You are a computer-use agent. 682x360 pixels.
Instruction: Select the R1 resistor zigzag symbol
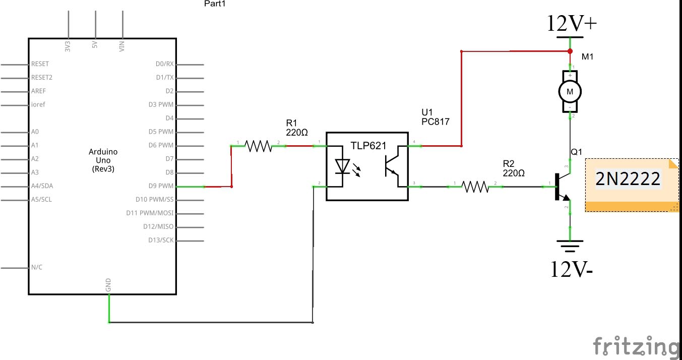coord(258,146)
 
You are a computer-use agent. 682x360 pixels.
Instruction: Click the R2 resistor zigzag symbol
coord(475,187)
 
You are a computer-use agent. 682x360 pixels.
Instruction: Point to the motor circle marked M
coord(570,91)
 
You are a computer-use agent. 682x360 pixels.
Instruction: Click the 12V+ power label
coord(572,24)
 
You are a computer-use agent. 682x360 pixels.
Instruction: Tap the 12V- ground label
coord(571,270)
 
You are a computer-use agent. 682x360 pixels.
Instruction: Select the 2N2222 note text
coord(628,179)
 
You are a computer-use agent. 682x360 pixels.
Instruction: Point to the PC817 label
coord(435,122)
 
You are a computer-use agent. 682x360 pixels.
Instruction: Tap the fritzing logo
coord(636,347)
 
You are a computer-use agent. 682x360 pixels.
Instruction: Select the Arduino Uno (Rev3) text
coord(103,160)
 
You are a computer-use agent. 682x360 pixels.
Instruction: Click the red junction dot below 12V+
coord(570,51)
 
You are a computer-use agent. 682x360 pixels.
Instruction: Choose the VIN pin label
coord(122,46)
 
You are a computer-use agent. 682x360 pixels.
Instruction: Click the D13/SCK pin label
coord(161,240)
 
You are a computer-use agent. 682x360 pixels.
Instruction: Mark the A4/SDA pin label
coord(42,186)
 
